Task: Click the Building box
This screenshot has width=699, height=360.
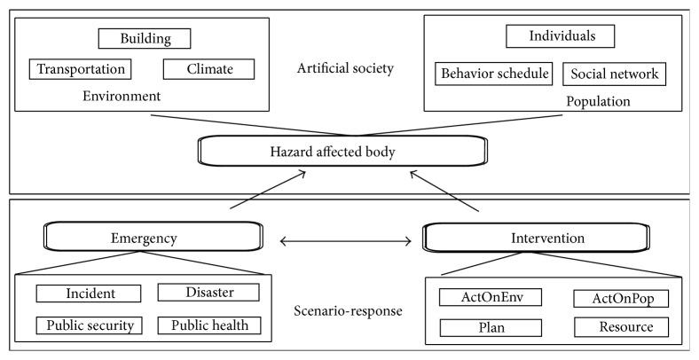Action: coord(145,39)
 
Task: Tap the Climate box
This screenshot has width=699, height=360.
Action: coord(208,69)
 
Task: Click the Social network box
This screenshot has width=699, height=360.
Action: coord(615,74)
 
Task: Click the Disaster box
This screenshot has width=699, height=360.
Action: coord(208,293)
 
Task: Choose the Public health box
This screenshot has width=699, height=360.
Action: coord(209,325)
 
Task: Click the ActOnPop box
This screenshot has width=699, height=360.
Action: coord(620,298)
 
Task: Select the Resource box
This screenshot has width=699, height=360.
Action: coord(620,327)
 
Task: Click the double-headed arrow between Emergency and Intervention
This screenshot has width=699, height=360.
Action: coord(346,239)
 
